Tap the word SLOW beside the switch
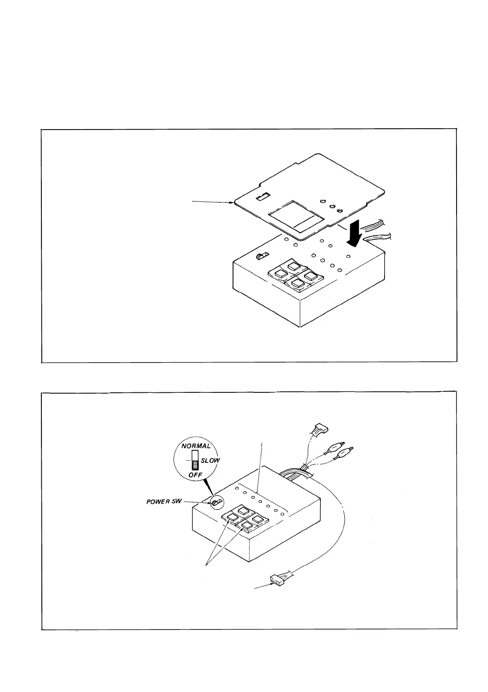click(x=210, y=460)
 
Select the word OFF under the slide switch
click(x=195, y=475)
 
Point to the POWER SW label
click(x=162, y=502)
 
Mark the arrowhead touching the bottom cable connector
click(x=268, y=582)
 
